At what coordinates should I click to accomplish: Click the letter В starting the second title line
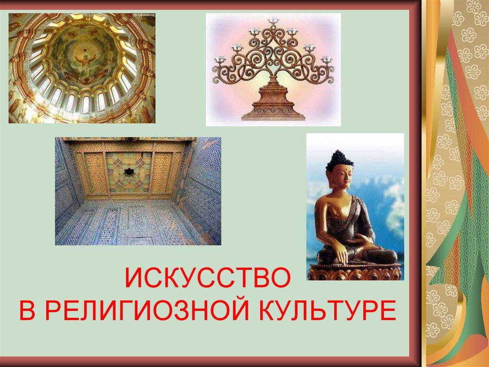point(26,312)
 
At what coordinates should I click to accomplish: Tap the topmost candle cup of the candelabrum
point(273,20)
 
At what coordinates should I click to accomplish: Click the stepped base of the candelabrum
point(273,103)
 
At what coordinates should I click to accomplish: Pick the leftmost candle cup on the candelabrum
point(220,59)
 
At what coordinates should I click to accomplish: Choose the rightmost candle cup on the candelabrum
point(327,59)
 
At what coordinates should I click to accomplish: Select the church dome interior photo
point(82,68)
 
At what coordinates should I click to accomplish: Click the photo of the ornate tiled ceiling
point(138,191)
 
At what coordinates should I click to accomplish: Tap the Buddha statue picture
point(355,206)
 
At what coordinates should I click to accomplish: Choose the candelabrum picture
point(273,69)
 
